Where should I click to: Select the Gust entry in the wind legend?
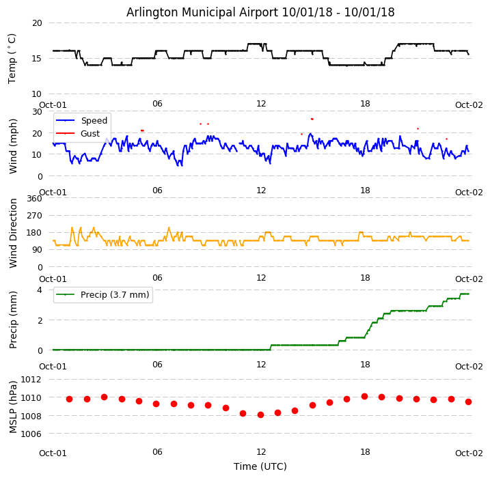pyautogui.click(x=90, y=134)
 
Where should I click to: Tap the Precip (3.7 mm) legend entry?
pyautogui.click(x=110, y=295)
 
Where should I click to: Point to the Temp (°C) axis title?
pyautogui.click(x=12, y=58)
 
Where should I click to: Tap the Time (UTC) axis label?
pyautogui.click(x=260, y=466)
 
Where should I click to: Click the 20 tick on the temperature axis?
pyautogui.click(x=36, y=23)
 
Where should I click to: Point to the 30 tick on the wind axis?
pyautogui.click(x=36, y=111)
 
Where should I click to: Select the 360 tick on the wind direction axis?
pyautogui.click(x=33, y=199)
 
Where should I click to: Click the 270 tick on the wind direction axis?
pyautogui.click(x=33, y=216)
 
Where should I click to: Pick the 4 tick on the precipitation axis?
pyautogui.click(x=39, y=290)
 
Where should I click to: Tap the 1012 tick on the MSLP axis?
pyautogui.click(x=31, y=379)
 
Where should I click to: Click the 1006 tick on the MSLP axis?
pyautogui.click(x=31, y=434)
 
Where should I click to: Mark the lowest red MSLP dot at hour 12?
pyautogui.click(x=260, y=414)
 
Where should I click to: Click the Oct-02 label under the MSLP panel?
pyautogui.click(x=469, y=453)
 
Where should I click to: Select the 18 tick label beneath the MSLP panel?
pyautogui.click(x=365, y=452)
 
